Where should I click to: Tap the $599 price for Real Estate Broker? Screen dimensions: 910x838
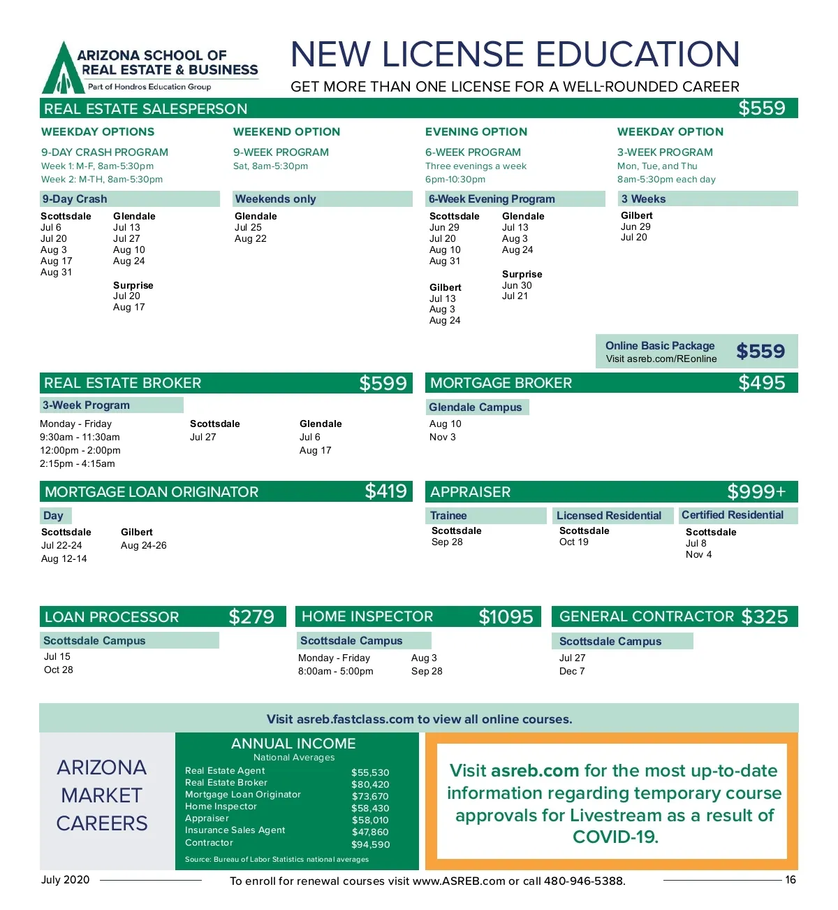coord(383,383)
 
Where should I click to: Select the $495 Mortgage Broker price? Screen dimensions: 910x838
coord(762,383)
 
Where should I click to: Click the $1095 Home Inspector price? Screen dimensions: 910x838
coord(506,616)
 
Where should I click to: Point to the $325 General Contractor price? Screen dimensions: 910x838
coord(765,616)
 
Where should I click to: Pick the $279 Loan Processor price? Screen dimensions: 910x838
coord(251,616)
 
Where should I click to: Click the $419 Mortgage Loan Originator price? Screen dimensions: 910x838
coord(385,491)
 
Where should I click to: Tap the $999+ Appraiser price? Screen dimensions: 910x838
coord(756,492)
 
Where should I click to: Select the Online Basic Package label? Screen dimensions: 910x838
coord(660,345)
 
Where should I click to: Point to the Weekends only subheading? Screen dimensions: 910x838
coord(276,199)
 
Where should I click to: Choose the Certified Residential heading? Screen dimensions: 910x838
coord(733,515)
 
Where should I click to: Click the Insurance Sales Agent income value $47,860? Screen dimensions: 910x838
coord(370,832)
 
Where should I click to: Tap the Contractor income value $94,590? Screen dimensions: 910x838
coord(370,844)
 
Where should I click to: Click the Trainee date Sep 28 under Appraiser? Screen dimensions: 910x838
coord(447,542)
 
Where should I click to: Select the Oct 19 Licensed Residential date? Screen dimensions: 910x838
coord(574,542)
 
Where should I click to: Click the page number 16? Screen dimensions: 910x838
coord(791,880)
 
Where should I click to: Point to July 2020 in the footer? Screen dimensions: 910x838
coord(65,880)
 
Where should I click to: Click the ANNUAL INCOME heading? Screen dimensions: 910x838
coord(293,744)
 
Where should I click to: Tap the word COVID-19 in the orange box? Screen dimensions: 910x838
coord(615,837)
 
